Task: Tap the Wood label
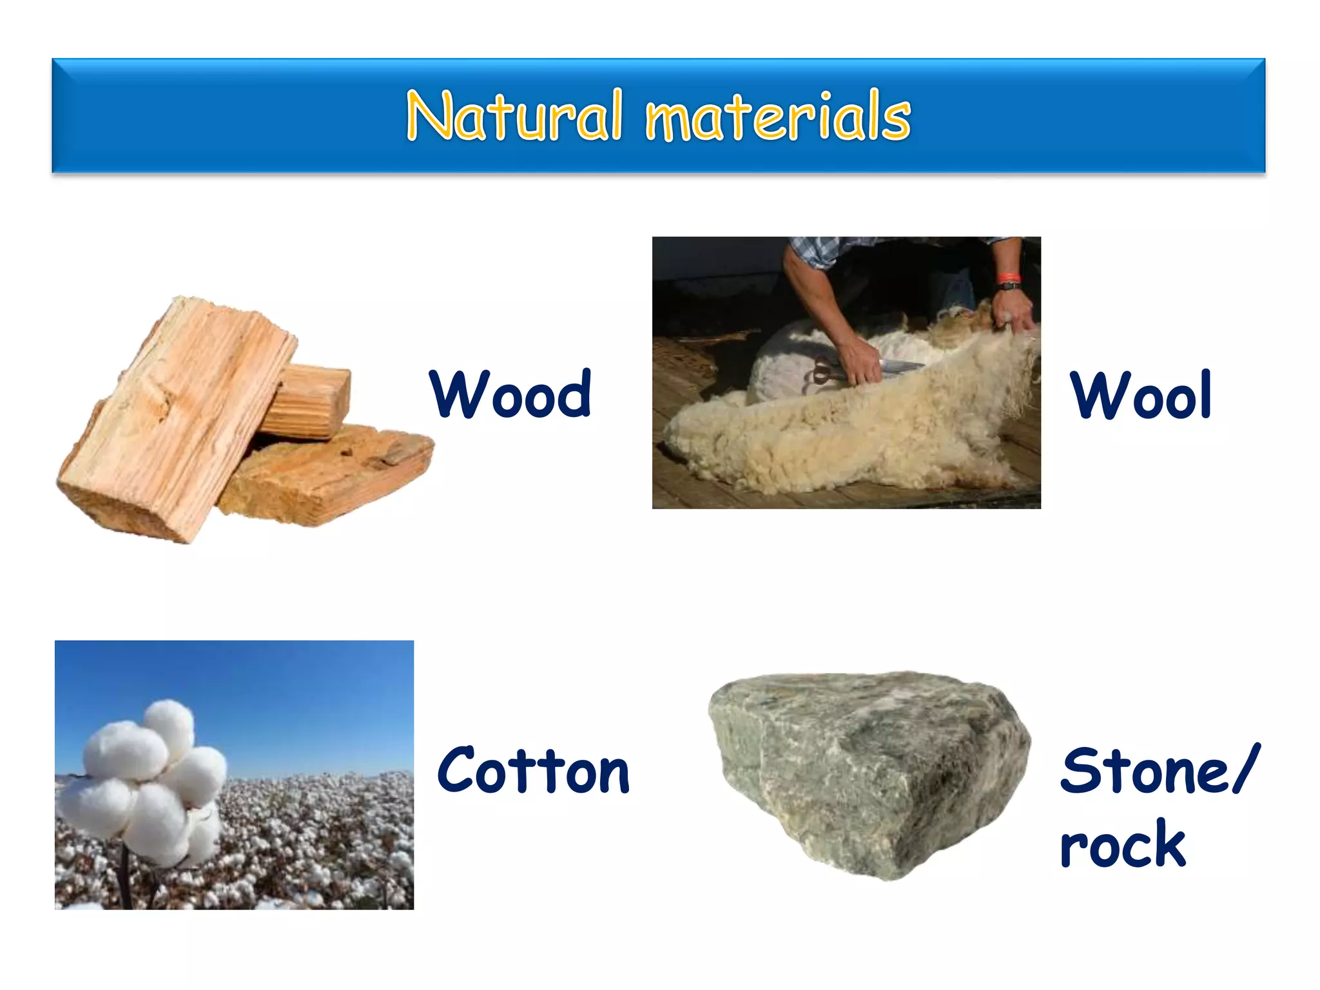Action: [510, 394]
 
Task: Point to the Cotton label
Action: [533, 771]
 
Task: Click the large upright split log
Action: [174, 419]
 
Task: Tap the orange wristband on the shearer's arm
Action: [1008, 278]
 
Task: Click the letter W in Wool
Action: [1096, 395]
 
